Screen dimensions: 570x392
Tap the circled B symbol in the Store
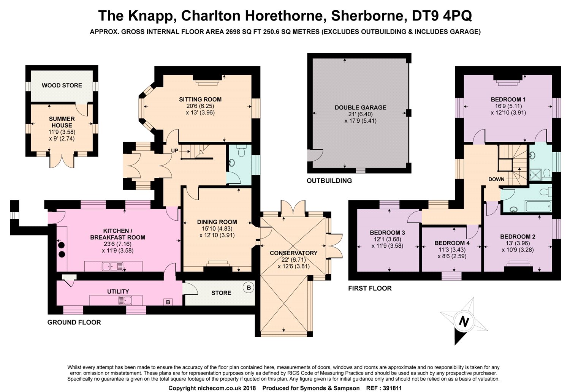coord(249,288)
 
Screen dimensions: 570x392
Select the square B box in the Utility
coord(168,302)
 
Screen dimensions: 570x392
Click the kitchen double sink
coord(112,266)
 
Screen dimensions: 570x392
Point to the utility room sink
coord(125,301)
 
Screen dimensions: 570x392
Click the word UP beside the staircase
coord(174,150)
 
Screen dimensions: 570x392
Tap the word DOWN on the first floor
coord(496,179)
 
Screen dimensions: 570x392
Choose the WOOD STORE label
coord(62,85)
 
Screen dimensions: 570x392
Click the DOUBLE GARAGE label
coord(360,107)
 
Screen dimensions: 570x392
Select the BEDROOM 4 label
coord(452,243)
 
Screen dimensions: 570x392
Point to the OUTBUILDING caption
coord(329,181)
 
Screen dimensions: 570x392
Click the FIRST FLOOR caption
coord(370,288)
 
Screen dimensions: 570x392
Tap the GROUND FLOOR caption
coord(74,322)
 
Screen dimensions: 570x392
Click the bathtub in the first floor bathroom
coord(538,206)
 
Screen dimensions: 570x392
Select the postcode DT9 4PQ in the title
coord(442,16)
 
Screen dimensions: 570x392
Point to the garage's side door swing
coord(315,155)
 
